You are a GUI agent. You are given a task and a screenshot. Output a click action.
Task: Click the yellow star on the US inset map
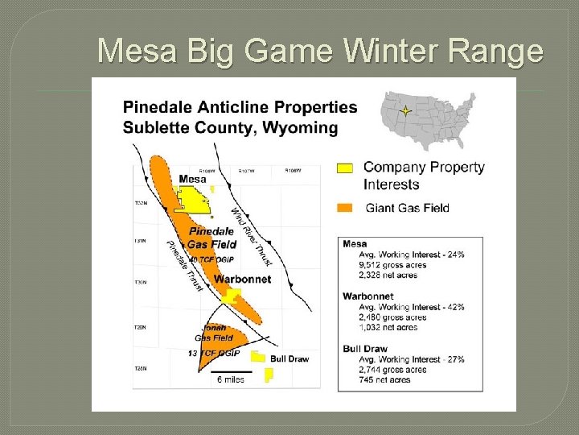406,111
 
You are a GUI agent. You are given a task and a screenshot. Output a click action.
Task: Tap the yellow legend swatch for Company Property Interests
344,168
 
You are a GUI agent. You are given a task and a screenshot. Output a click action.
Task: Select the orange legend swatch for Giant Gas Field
344,208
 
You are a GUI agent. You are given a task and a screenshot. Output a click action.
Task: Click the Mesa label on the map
192,179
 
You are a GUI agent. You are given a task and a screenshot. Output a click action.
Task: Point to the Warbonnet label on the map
242,280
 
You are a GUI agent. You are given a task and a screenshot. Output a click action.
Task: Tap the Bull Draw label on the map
289,358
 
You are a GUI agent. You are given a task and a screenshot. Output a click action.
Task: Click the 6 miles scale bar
232,373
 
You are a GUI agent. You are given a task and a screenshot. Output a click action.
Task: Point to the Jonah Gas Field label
214,333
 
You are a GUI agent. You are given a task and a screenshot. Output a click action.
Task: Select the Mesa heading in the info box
355,243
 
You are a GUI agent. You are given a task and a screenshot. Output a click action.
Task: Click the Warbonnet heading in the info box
368,296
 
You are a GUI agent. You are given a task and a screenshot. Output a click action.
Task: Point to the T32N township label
141,203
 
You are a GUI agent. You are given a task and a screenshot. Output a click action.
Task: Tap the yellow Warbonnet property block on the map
230,296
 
